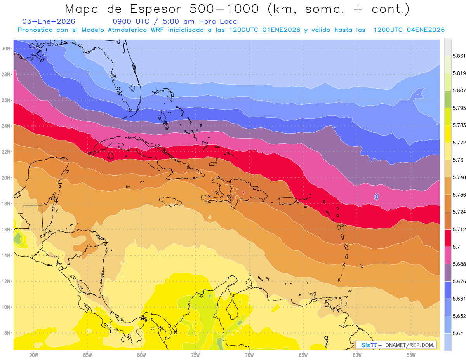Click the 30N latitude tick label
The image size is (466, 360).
tap(6, 49)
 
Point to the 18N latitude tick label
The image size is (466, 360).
tap(6, 203)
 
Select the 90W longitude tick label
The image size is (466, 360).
tap(33, 355)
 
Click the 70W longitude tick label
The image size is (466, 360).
tap(249, 355)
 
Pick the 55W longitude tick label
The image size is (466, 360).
tap(411, 355)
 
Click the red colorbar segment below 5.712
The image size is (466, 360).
tap(448, 238)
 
